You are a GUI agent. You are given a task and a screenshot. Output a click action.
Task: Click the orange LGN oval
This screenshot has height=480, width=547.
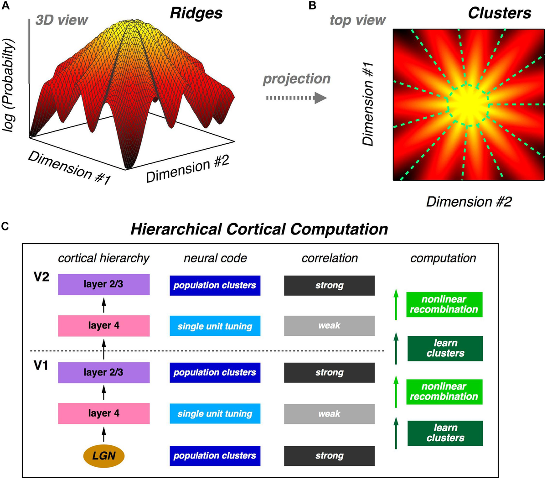(104, 455)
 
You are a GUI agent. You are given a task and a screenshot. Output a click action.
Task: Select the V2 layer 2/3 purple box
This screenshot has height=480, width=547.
(104, 284)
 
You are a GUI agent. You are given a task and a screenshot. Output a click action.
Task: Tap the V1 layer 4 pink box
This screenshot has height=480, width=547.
(104, 413)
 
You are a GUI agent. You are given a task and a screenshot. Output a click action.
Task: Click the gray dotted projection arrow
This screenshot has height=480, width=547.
(296, 98)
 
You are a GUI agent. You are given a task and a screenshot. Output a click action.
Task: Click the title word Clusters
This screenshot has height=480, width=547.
(500, 13)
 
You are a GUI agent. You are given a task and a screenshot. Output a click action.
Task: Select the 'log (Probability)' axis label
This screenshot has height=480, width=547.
(10, 86)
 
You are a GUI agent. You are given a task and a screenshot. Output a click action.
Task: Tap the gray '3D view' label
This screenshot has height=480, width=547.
(62, 20)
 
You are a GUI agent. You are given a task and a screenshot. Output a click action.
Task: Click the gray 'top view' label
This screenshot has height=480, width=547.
(358, 20)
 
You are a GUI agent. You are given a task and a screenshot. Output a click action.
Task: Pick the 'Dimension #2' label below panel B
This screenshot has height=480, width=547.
(469, 201)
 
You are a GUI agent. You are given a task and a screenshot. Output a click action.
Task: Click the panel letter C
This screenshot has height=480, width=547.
(6, 226)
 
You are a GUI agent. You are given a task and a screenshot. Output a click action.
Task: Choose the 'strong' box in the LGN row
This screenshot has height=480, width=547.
(329, 455)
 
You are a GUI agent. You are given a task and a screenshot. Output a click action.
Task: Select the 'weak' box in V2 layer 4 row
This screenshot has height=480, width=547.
(329, 326)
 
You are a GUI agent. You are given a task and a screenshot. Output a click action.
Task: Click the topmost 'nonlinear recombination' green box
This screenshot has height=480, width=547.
(444, 304)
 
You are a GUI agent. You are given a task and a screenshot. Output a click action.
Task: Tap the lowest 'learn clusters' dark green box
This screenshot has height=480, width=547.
(445, 433)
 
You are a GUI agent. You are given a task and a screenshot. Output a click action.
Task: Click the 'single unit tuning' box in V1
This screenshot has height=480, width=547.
(215, 414)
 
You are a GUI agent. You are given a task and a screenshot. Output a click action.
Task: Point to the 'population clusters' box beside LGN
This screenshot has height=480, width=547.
(215, 455)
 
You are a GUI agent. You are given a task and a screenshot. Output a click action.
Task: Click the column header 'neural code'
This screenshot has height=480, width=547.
(215, 258)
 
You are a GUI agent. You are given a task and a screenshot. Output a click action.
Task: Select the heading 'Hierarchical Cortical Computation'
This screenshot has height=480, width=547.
(259, 229)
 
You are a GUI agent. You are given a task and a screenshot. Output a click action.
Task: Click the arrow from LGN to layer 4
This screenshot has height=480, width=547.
(103, 433)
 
